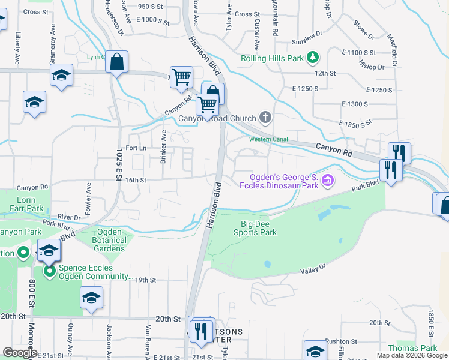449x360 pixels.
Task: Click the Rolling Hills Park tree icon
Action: (x=312, y=58)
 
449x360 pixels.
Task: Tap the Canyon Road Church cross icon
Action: (x=266, y=118)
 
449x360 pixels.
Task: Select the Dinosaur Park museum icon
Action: (x=327, y=179)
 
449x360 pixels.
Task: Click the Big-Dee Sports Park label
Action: (x=255, y=228)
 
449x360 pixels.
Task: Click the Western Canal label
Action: (x=269, y=139)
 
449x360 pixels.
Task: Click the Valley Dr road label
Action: (x=313, y=269)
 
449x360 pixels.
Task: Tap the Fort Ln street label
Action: (x=136, y=148)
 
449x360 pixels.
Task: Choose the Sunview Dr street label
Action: (x=307, y=44)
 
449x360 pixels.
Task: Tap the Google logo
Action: (x=19, y=352)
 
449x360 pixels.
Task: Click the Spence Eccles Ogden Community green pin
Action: (x=49, y=272)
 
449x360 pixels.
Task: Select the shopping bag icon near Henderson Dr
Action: (x=117, y=61)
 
